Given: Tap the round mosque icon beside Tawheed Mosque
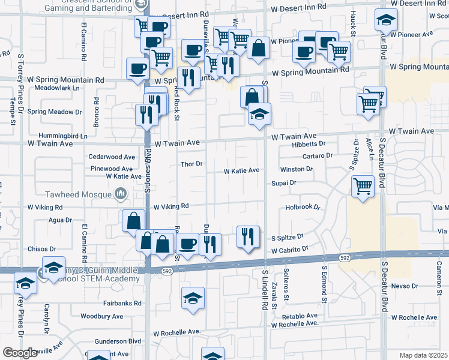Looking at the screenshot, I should tap(121, 193).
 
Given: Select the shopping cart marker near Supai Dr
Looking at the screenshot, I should tap(363, 186).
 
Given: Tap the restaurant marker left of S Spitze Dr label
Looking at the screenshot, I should tap(247, 236).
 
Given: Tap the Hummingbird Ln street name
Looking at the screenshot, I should tap(63, 136).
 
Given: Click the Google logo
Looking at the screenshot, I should tap(21, 353).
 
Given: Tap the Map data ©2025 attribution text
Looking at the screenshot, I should tap(424, 355).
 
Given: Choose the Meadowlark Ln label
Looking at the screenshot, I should tap(56, 88).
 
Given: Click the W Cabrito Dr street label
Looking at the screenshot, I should tap(289, 249).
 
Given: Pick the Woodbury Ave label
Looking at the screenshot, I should tap(101, 316).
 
